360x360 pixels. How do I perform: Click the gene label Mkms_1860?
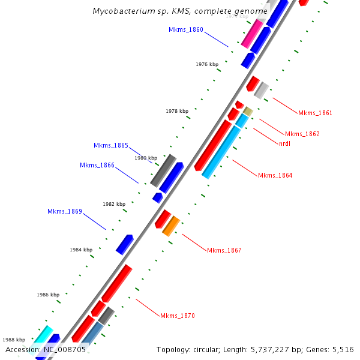coord(186,29)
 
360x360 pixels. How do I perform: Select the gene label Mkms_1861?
coord(315,113)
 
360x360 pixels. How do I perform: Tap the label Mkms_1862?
coord(302,134)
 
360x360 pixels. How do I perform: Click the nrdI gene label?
coord(285,143)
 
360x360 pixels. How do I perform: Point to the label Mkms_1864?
coord(275,175)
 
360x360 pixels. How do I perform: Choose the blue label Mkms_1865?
coord(111,146)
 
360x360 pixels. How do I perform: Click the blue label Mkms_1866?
coord(97,166)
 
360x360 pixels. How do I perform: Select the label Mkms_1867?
coord(224,250)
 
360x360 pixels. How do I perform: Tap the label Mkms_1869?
coord(65,212)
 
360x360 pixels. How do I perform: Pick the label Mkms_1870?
coord(178,316)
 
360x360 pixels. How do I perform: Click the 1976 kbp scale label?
coord(207,64)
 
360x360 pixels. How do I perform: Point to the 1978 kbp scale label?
coord(177,111)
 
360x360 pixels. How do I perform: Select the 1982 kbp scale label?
coord(114,204)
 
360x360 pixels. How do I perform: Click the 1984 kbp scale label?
coord(81,250)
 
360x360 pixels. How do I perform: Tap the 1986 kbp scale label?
coord(48,295)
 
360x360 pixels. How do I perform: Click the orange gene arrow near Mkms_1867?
coord(171,226)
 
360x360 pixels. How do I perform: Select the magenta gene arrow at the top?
coord(251,34)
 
